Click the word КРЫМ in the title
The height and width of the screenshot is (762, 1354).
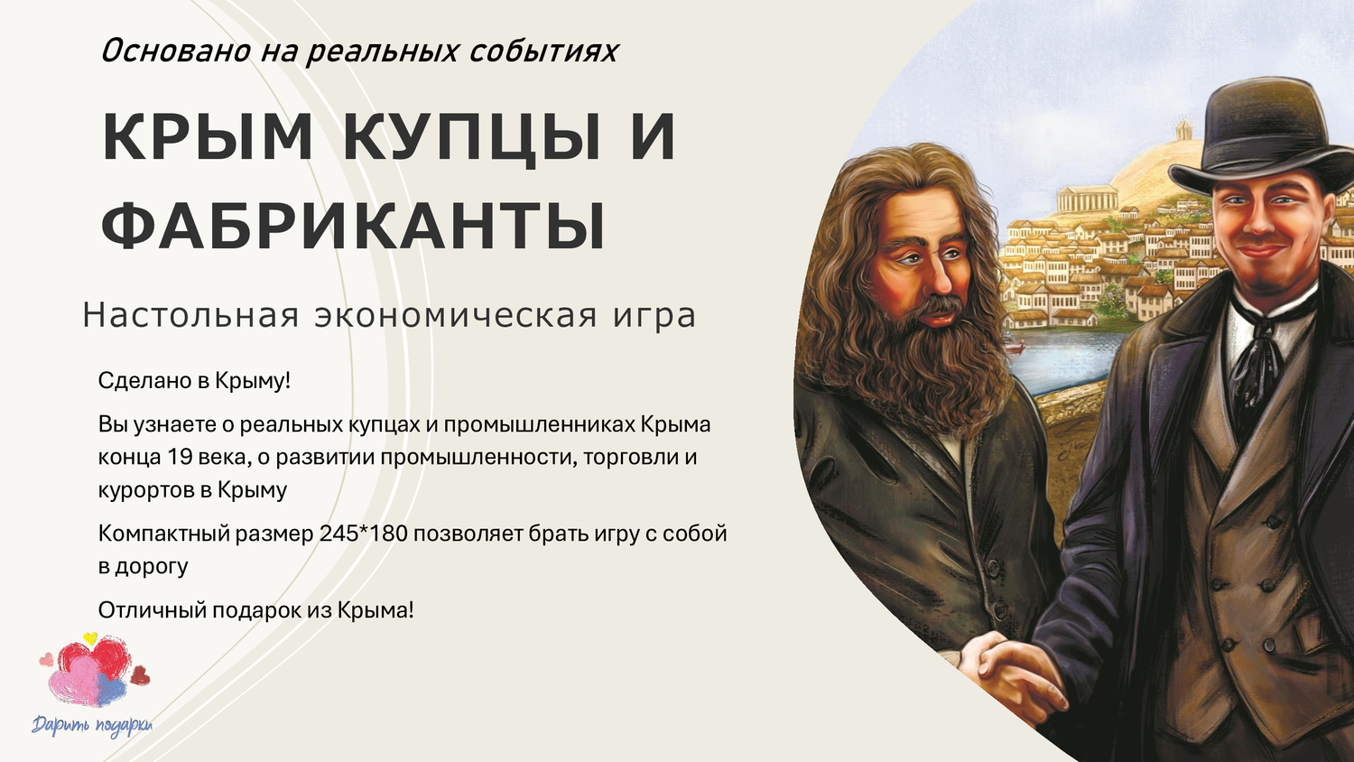pyautogui.click(x=208, y=137)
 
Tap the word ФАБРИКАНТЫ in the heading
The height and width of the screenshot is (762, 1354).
pyautogui.click(x=353, y=225)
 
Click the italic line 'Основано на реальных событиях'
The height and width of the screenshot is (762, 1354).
pyautogui.click(x=358, y=51)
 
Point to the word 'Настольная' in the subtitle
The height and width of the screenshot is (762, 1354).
pyautogui.click(x=190, y=316)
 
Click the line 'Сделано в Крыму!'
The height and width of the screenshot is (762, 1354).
pyautogui.click(x=194, y=380)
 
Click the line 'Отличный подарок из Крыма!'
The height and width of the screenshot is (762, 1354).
pyautogui.click(x=255, y=609)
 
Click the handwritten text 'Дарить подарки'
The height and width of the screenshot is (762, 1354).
pyautogui.click(x=92, y=725)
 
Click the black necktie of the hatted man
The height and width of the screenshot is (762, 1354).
pyautogui.click(x=1257, y=361)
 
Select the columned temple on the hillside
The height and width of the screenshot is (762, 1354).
pyautogui.click(x=1087, y=198)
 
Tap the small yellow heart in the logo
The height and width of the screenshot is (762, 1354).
pyautogui.click(x=89, y=638)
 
